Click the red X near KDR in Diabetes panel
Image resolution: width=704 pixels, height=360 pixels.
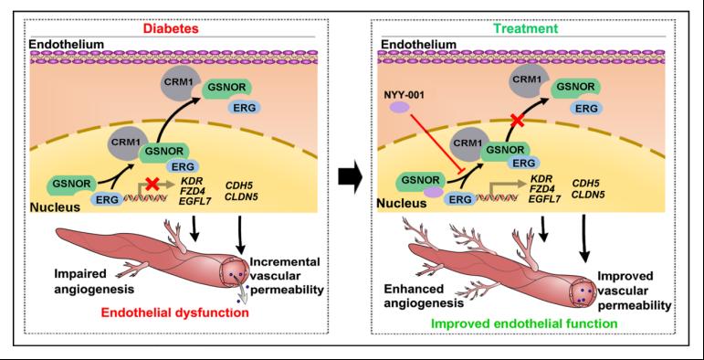tap(153, 184)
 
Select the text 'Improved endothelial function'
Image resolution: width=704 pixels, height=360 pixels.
tap(519, 323)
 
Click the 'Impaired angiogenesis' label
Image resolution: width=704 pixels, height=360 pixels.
tap(94, 281)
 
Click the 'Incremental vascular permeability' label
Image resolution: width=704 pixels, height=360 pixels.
tap(287, 276)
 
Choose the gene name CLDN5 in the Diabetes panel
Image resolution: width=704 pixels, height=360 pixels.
tap(243, 196)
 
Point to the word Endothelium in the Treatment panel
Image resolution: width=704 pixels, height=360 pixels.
tap(418, 44)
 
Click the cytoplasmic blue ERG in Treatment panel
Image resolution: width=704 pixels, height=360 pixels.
tap(586, 108)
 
